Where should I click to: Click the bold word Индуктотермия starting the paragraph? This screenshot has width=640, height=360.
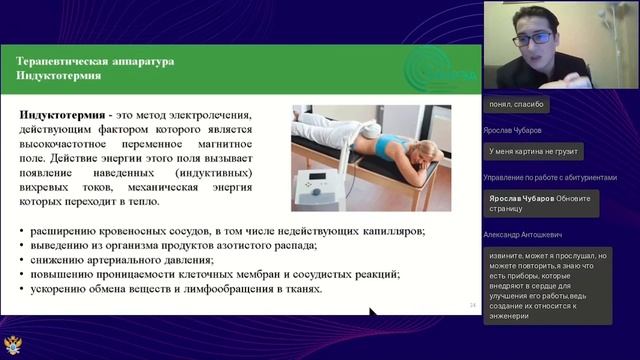point(59,116)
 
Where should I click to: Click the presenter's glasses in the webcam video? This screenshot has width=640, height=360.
point(538,39)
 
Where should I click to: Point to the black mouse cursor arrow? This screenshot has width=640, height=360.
point(374,315)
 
